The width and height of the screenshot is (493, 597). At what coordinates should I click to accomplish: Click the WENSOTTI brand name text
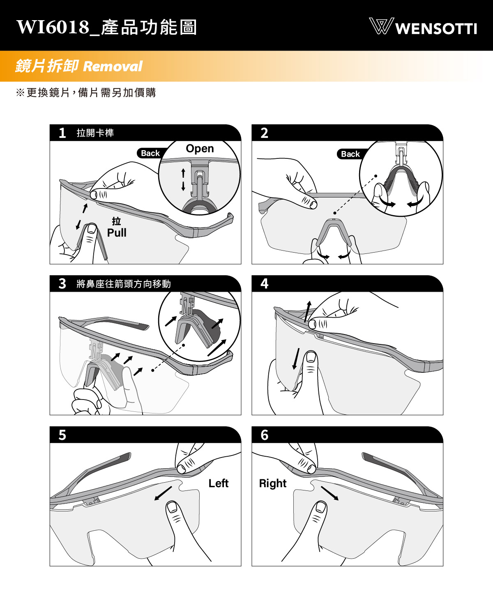pos(436,29)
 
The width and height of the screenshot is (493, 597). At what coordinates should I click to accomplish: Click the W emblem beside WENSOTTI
pos(381,26)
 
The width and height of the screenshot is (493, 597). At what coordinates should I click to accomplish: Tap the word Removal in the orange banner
pos(113,66)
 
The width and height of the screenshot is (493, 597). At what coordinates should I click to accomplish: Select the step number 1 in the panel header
pos(62,133)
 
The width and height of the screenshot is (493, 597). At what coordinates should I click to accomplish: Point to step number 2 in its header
pos(264,133)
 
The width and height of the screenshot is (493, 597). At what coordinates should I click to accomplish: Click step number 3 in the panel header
pos(62,283)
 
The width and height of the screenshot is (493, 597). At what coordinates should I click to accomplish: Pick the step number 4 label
pos(264,283)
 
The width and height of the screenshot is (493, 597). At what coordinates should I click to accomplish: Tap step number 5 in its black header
pos(62,435)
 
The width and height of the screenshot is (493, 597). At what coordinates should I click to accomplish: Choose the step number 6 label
pos(264,435)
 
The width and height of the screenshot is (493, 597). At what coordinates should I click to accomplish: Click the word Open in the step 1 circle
pos(200,149)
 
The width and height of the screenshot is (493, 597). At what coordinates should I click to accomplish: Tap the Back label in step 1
pos(150,153)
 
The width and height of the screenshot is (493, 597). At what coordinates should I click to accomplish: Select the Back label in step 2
pos(350,154)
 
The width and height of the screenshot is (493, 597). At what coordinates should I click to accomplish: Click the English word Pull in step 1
pos(116,233)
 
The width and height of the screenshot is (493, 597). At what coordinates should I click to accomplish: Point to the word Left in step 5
pos(219,483)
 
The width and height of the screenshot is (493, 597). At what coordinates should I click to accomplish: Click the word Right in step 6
pos(273,483)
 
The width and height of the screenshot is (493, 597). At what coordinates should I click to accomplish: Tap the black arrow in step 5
pos(163,493)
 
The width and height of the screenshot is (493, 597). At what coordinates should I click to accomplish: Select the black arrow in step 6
pos(330,493)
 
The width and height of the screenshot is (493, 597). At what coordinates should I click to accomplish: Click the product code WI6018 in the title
pos(53,27)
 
